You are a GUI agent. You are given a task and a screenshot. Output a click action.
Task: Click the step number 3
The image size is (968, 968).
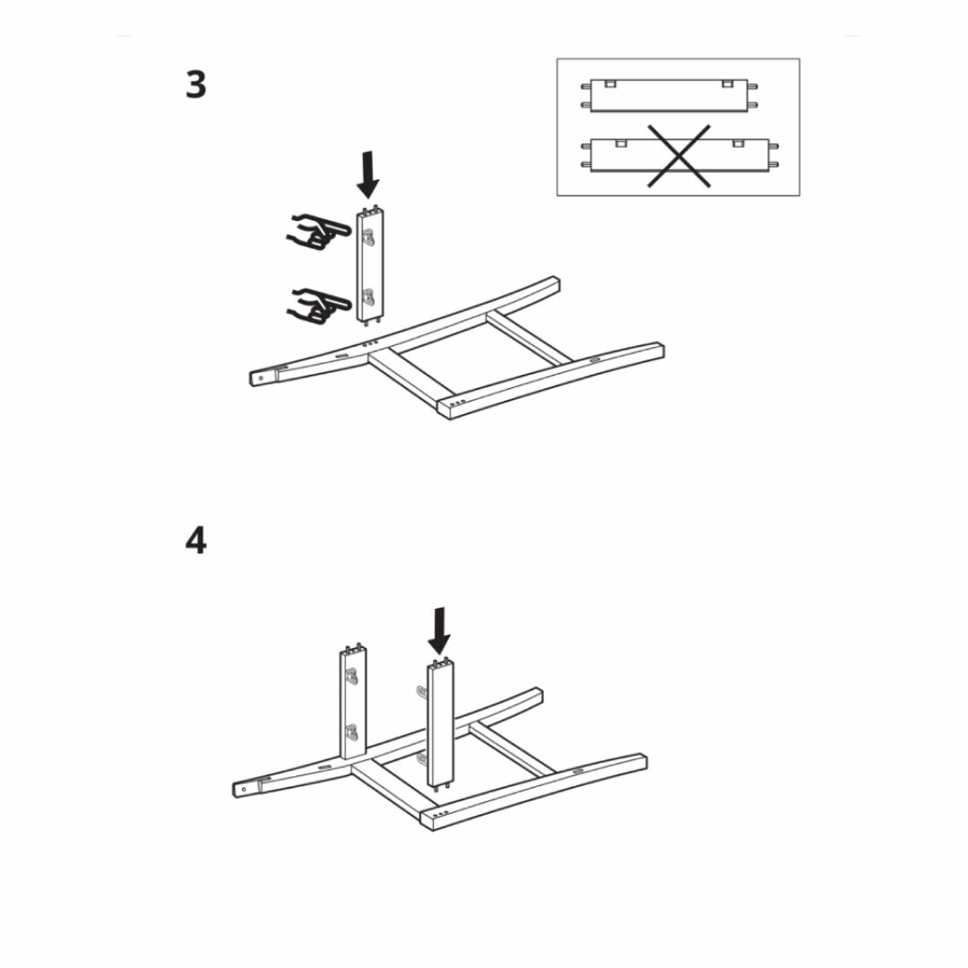(195, 85)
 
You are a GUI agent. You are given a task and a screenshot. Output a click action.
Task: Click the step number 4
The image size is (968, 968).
(195, 540)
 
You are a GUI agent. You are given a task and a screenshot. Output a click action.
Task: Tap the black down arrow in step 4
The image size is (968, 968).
(439, 631)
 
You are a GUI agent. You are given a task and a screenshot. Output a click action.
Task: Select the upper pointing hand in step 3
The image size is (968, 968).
(315, 233)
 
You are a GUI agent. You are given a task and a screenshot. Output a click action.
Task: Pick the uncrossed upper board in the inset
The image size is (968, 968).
(670, 94)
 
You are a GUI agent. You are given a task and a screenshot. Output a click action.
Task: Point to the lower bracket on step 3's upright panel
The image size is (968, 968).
(367, 297)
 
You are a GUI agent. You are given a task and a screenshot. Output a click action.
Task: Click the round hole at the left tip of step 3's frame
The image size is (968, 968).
(261, 377)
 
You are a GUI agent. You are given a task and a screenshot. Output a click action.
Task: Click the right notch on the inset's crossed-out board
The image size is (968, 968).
(739, 143)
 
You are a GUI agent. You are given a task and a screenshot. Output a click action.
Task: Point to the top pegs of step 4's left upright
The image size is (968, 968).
(352, 646)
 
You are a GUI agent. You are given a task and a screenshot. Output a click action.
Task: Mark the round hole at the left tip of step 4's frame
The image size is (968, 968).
(243, 790)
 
